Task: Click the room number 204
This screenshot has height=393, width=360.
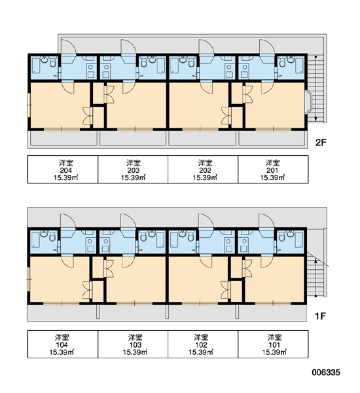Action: pos(66,170)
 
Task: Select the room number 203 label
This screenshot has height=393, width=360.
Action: pos(134,170)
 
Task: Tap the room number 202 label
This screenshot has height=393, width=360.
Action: pos(205,170)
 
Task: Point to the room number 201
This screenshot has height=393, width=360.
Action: pos(272,170)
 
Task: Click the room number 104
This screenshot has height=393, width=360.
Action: pos(62,345)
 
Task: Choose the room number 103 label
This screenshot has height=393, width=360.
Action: pos(135,345)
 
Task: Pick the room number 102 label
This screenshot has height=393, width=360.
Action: pos(201,345)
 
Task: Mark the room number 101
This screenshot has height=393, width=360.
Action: pos(274,345)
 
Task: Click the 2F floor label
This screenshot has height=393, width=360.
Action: pos(321,143)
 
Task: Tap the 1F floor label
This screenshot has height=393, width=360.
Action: pos(321,316)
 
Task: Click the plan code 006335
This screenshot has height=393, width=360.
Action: pos(326,373)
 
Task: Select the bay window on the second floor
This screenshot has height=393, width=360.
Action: pos(308,102)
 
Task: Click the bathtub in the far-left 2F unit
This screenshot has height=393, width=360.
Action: pos(36,65)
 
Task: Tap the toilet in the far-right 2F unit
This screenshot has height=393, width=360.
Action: pos(282,62)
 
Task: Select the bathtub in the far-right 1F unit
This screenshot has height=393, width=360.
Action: pos(298,240)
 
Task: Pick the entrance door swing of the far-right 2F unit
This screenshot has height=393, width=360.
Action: pos(267,48)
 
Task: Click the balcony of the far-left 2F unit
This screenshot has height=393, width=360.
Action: pos(63,138)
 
